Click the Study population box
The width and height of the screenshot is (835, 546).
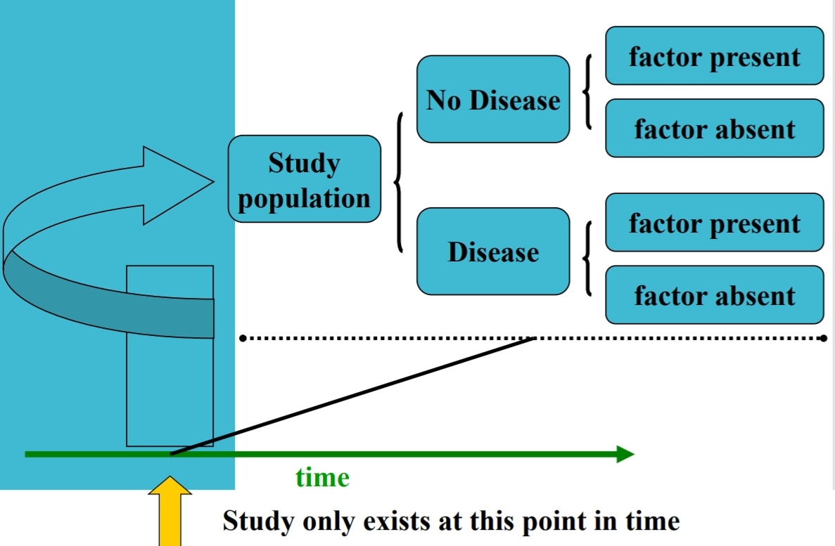point(304,179)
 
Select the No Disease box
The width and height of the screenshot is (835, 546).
point(493,99)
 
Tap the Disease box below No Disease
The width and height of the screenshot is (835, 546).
point(493,252)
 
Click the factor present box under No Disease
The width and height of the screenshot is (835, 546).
point(714,56)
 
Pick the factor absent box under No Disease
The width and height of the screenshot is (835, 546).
point(714,128)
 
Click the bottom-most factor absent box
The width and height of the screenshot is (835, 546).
point(714,295)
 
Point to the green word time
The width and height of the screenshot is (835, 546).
point(322,478)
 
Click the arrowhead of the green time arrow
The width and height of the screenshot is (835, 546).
point(625,454)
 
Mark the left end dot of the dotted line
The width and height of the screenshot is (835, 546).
point(243,339)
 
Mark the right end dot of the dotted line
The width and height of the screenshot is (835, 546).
point(824,339)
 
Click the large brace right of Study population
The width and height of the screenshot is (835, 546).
point(400,181)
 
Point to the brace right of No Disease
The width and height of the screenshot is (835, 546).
point(587,91)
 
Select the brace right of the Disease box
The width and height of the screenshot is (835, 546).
point(587,258)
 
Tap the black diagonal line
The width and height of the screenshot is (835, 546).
point(352,396)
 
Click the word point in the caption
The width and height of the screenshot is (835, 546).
point(550,521)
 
